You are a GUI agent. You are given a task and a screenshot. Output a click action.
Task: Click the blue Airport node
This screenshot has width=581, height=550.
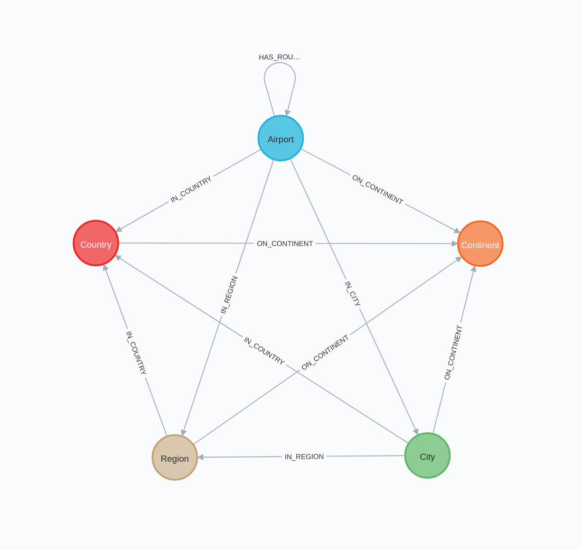(281, 138)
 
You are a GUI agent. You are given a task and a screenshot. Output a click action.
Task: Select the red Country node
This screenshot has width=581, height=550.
(96, 243)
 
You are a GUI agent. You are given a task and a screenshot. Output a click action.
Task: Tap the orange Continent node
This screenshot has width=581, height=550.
(480, 244)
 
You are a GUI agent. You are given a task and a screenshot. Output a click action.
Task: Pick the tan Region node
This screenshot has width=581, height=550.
(175, 457)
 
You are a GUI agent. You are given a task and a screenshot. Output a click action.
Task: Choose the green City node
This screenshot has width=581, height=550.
(427, 456)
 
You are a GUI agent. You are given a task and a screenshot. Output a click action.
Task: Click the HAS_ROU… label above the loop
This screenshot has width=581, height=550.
(279, 57)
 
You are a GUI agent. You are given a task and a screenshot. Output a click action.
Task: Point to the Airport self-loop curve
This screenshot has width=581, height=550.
(280, 64)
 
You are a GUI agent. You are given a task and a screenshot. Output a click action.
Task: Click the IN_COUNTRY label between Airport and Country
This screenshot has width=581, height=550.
(191, 189)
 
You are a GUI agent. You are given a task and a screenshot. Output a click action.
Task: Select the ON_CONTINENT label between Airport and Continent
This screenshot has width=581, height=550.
(377, 190)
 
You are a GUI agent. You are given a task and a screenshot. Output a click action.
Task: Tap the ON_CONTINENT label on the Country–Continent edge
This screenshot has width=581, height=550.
(285, 243)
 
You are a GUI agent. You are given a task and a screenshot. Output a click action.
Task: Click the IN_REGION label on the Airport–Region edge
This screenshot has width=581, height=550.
(229, 295)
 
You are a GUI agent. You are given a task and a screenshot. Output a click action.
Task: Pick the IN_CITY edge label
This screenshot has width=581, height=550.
(353, 294)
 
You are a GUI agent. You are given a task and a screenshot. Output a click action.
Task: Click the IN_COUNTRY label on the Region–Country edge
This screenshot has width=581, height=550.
(136, 353)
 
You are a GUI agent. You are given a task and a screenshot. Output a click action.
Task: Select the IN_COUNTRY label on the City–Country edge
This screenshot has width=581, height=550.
(264, 351)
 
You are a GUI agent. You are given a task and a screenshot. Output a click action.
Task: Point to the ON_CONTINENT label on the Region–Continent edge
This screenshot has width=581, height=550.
(325, 352)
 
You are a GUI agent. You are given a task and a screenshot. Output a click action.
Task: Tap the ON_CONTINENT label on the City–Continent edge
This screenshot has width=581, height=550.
(453, 353)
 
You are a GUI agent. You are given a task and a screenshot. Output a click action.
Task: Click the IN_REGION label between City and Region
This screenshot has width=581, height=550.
(304, 457)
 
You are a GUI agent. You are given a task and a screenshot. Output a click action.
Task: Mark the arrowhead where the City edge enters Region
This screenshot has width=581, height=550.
(201, 457)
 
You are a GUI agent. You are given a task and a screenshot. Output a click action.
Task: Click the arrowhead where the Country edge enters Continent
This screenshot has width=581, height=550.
(455, 243)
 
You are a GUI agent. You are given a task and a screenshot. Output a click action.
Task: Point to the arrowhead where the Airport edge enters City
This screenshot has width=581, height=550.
(416, 431)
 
